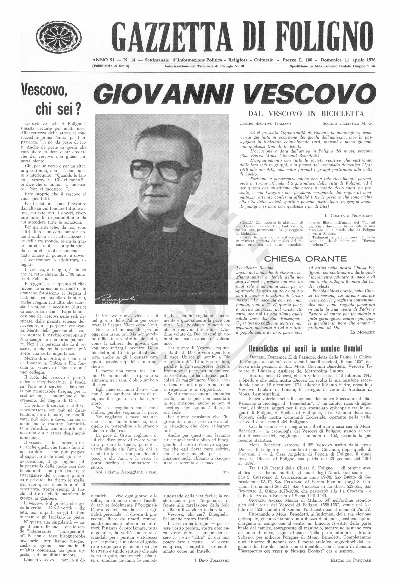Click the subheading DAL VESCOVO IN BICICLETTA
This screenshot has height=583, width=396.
306,114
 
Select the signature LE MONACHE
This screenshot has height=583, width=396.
362,332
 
